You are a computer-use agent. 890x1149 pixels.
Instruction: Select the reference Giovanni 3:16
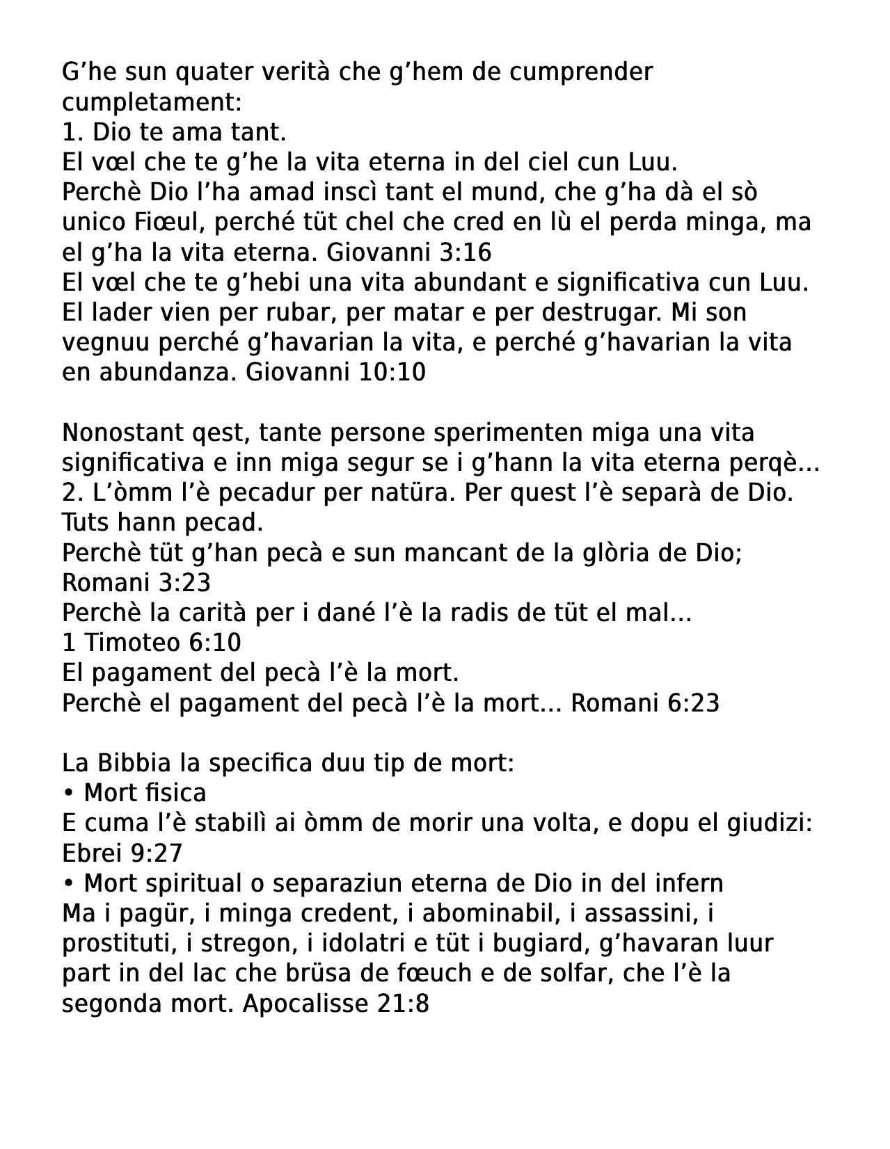pyautogui.click(x=409, y=252)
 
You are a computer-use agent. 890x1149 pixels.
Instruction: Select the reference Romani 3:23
pyautogui.click(x=136, y=582)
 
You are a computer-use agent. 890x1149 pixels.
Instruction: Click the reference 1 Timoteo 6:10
pyautogui.click(x=152, y=642)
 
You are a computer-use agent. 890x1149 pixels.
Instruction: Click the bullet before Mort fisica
pyautogui.click(x=68, y=794)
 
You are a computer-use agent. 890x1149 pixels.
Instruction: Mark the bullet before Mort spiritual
pyautogui.click(x=68, y=883)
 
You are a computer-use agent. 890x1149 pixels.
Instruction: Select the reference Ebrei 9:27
pyautogui.click(x=122, y=853)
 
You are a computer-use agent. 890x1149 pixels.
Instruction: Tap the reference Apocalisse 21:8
pyautogui.click(x=336, y=1004)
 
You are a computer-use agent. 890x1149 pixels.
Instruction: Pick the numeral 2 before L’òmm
pyautogui.click(x=68, y=492)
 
